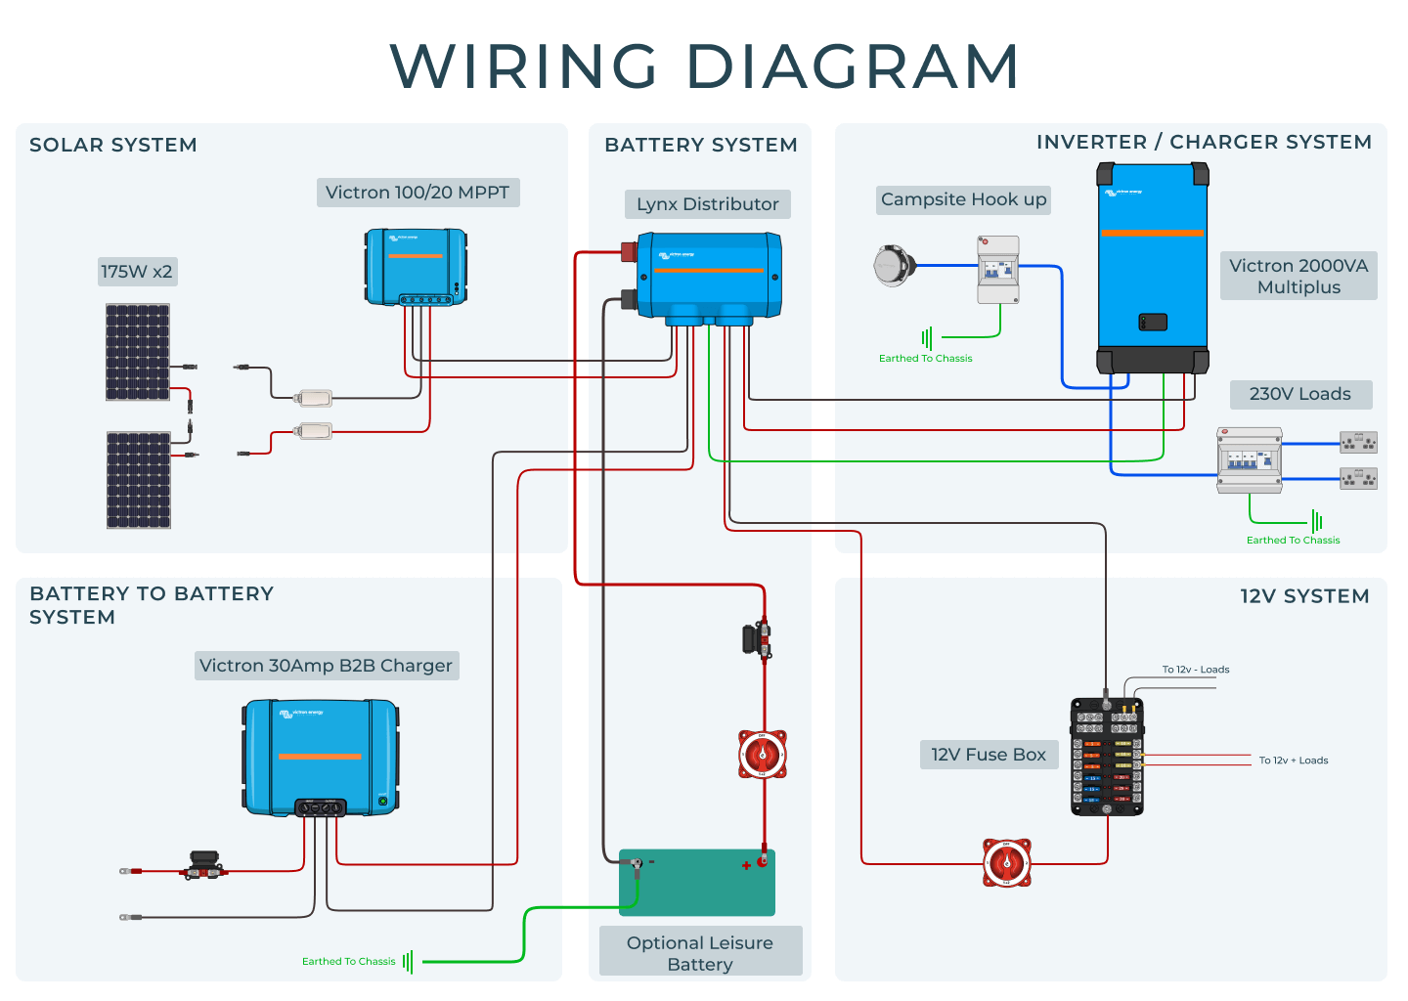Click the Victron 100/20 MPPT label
(418, 193)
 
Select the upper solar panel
(138, 352)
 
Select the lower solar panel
(138, 480)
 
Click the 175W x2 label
(137, 272)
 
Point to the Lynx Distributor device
(709, 275)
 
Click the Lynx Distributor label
(707, 204)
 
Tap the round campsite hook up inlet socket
(894, 265)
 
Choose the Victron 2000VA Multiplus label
(1298, 277)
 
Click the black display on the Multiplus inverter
(1153, 322)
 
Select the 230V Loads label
(1300, 394)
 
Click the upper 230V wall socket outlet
(1358, 443)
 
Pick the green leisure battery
(697, 883)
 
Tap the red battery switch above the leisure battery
(763, 755)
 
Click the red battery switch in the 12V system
(1006, 863)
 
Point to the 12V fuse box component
(1107, 757)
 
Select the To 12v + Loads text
(1293, 761)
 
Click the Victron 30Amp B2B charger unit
(321, 757)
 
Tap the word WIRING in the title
(524, 66)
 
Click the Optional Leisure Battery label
(700, 953)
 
